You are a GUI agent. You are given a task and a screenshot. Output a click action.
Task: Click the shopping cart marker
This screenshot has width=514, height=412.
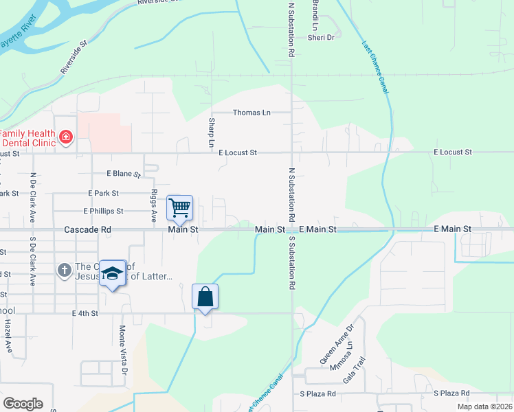180,207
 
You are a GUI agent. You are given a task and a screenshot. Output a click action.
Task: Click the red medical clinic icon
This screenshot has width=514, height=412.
66,137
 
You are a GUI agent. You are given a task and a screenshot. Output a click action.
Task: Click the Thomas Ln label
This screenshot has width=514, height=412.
252,113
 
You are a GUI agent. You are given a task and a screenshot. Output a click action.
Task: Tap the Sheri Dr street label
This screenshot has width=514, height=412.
321,38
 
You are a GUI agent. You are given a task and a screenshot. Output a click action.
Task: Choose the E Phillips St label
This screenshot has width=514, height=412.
103,211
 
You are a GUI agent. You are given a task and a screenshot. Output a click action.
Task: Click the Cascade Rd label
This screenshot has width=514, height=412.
87,229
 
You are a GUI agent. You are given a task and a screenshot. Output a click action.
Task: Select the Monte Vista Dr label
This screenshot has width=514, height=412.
124,350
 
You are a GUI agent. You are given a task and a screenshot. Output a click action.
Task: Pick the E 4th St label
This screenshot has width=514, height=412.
85,313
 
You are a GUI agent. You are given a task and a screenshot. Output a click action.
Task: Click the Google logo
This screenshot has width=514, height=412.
23,404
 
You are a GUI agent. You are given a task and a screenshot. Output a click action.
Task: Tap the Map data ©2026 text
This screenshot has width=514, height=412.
484,407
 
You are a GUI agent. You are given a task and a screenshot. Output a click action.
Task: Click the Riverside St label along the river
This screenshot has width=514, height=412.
75,57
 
